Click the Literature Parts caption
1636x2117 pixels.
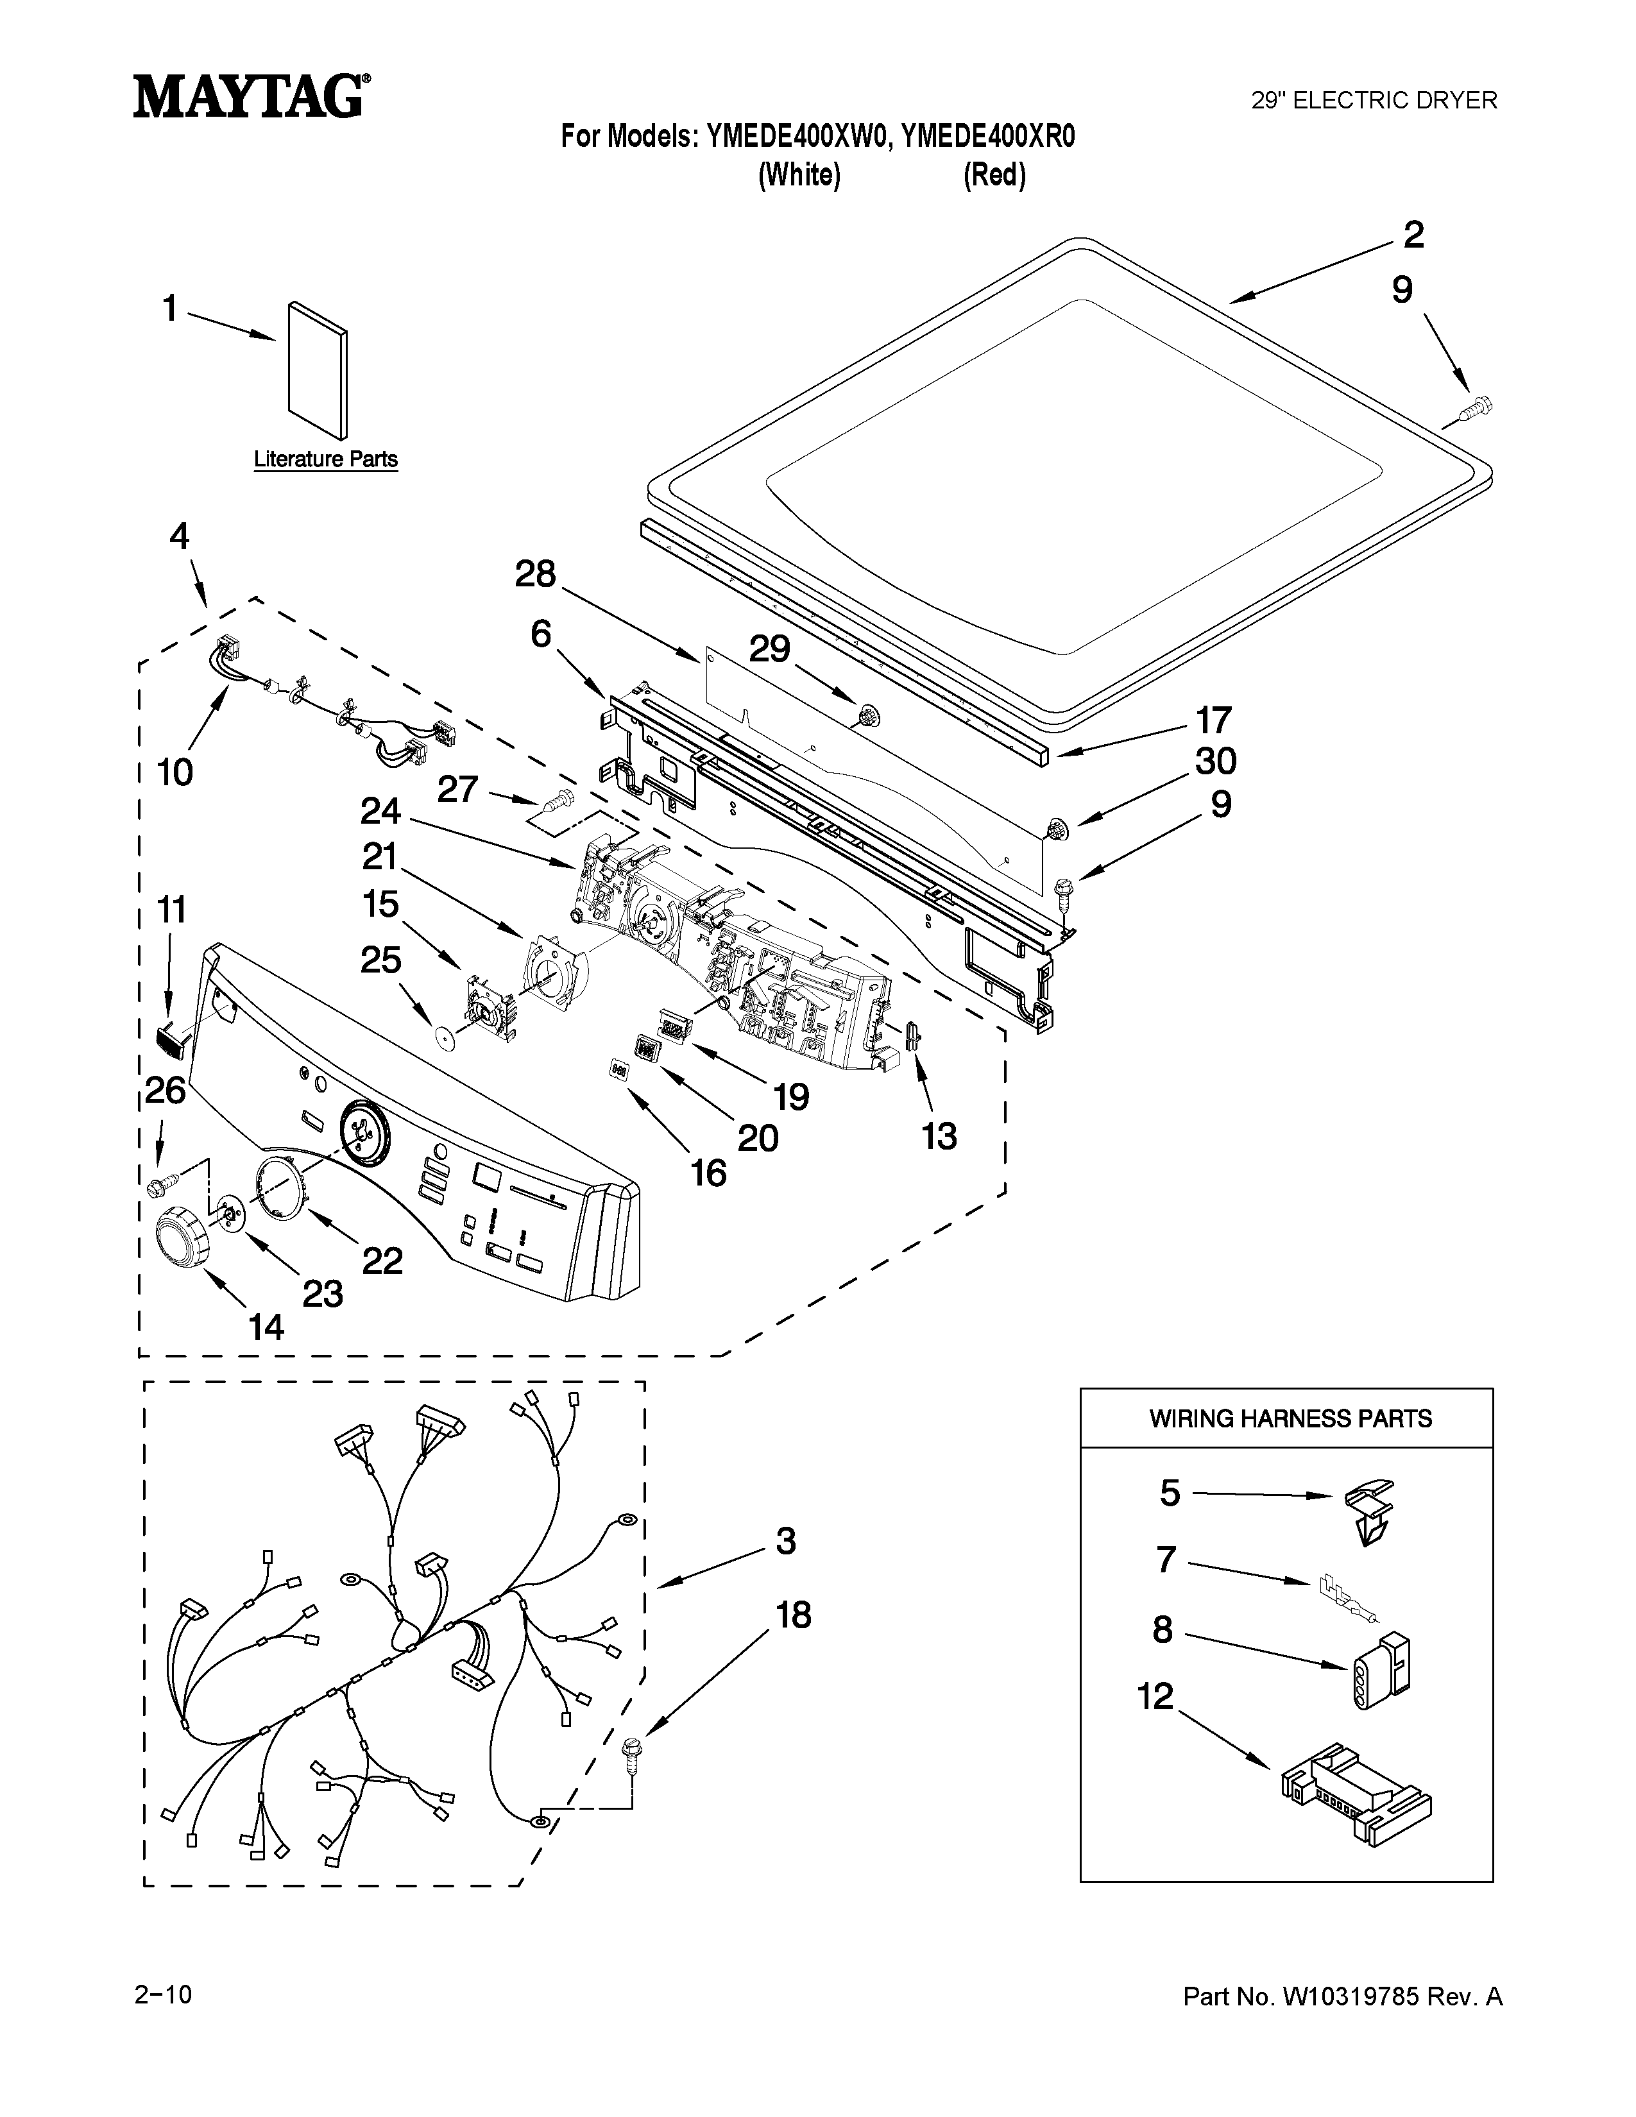(x=326, y=459)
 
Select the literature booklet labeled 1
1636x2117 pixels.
(x=318, y=370)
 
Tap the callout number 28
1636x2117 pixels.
(x=535, y=574)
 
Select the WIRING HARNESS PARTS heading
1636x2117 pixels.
(x=1290, y=1419)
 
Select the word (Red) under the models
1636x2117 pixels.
(x=994, y=175)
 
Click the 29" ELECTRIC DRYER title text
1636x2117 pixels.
(x=1374, y=101)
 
